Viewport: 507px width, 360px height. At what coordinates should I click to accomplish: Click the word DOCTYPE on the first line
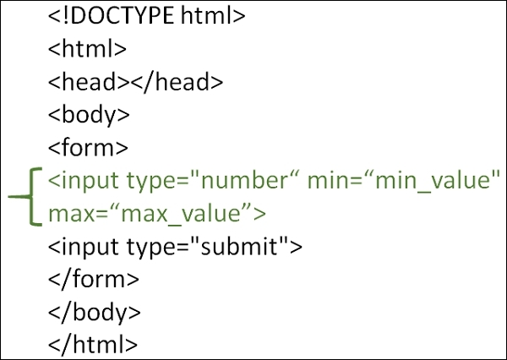122,15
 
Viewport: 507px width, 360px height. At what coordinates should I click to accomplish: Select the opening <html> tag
87,48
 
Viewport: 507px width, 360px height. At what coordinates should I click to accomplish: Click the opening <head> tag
89,81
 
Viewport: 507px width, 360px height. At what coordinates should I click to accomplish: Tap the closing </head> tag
177,81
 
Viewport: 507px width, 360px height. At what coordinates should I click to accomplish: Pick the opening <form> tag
88,148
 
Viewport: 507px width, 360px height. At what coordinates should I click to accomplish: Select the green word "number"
244,181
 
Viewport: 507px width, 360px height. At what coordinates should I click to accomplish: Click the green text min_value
433,181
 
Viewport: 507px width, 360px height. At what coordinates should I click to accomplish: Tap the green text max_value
181,214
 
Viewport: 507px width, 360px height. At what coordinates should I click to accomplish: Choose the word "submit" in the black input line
239,247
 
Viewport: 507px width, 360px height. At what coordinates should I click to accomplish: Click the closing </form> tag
94,279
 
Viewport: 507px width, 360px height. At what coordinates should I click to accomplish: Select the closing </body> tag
95,313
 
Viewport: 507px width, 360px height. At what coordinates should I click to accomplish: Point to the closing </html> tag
93,344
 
